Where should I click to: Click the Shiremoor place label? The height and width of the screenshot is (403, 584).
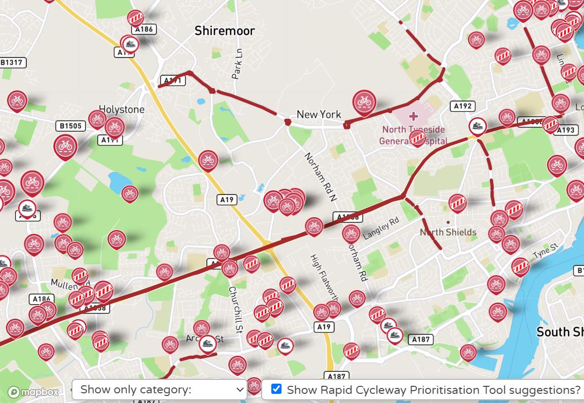225,31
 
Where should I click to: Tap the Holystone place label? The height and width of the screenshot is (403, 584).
121,110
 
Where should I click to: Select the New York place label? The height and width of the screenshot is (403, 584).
319,114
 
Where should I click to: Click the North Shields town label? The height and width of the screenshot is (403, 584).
448,232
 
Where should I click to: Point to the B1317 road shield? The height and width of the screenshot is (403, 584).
11,63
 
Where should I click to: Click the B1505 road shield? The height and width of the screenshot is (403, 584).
71,126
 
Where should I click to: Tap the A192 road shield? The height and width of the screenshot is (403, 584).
463,106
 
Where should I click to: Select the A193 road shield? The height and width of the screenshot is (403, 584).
566,130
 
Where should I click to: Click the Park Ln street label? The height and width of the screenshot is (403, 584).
237,64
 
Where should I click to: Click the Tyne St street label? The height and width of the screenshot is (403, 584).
545,250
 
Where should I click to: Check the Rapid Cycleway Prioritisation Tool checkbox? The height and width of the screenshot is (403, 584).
276,389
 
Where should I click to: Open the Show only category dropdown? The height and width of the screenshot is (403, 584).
159,390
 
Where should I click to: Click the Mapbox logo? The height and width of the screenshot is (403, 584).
33,392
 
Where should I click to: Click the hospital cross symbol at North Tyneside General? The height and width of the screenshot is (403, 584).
413,116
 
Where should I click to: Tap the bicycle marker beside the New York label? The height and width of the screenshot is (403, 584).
364,102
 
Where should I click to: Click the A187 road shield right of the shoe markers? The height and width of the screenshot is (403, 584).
420,340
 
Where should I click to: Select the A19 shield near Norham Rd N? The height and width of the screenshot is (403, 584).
227,200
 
